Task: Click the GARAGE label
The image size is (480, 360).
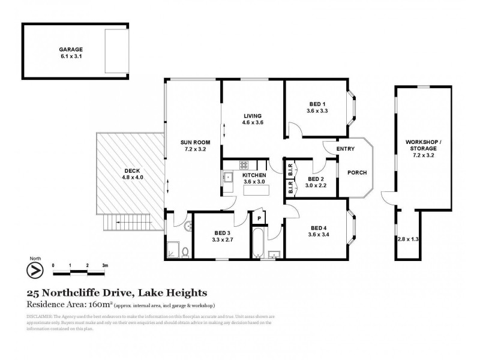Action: (71, 50)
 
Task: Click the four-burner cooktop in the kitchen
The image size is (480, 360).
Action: (244, 164)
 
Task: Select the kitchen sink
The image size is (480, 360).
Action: (229, 176)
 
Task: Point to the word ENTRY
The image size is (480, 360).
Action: (346, 149)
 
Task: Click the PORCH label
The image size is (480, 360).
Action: (357, 173)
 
